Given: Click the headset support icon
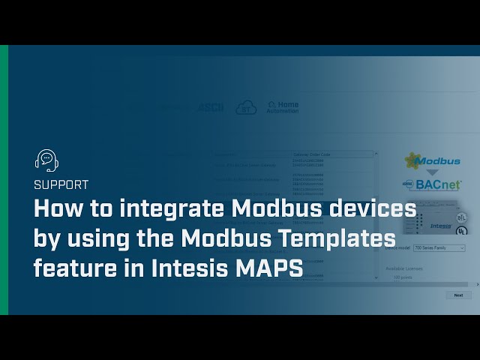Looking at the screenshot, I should point(46,160).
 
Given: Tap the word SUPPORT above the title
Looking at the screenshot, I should point(61,184).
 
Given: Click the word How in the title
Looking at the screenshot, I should point(57,210).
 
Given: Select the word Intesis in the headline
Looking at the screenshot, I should point(187,268).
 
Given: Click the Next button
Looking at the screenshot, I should point(458,295).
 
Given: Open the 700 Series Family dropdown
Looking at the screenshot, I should point(439,247).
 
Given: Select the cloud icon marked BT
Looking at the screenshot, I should point(246,108).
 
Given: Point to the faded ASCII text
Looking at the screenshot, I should point(210,108).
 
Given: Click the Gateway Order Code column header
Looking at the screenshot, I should point(332,154).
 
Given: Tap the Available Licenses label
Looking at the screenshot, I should point(406,268).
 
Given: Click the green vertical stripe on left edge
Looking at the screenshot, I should point(4,180).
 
